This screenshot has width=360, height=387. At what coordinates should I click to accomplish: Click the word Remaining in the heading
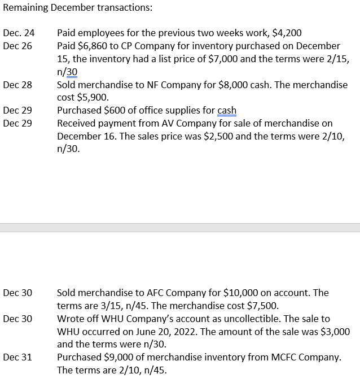24,8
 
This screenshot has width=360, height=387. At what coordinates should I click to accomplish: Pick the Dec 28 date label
17,85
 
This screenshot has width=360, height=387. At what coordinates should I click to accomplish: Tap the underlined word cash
227,110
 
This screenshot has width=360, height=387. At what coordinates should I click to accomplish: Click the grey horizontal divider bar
180,227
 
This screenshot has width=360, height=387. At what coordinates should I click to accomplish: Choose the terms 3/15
108,306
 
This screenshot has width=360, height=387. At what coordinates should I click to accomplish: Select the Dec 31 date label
17,358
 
